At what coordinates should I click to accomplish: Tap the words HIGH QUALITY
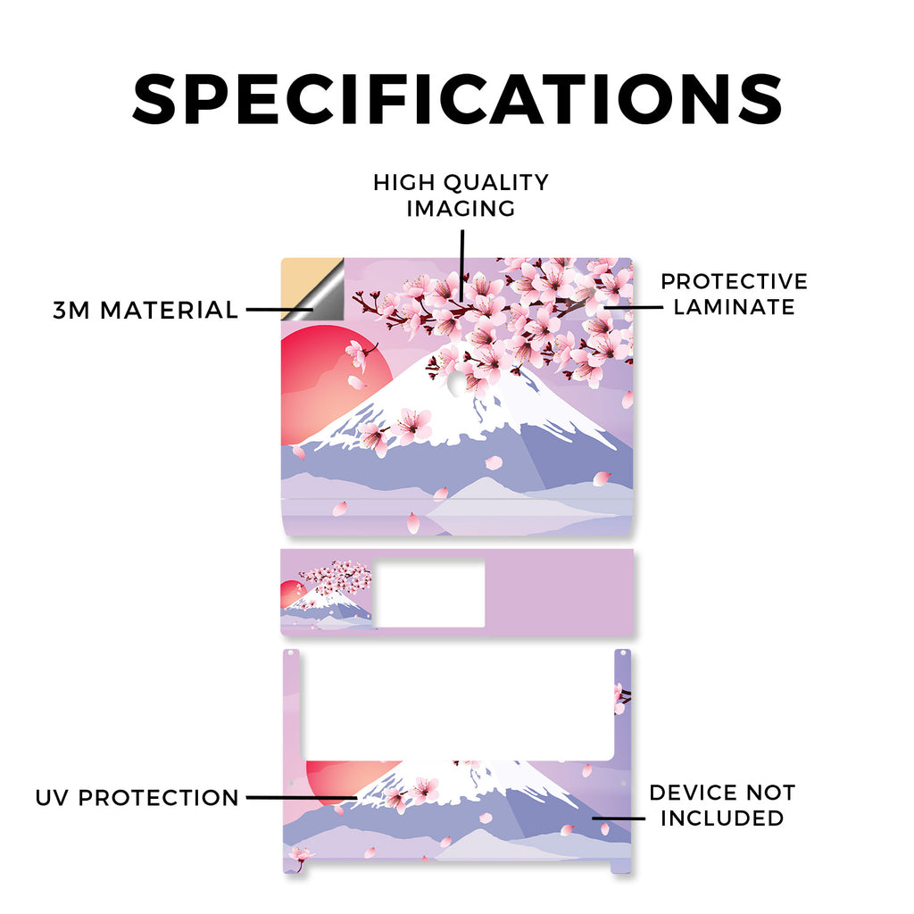[x=461, y=182]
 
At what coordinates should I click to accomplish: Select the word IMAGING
[x=461, y=209]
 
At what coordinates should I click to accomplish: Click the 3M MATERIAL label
[x=145, y=310]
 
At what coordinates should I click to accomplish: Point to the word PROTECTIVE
[x=735, y=281]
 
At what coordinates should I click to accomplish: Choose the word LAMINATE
[x=735, y=307]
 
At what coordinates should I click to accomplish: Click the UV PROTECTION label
[x=137, y=798]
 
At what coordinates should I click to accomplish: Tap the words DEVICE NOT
[x=723, y=793]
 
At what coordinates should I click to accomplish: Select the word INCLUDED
[x=723, y=818]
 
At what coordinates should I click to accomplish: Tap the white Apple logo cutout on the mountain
[x=458, y=384]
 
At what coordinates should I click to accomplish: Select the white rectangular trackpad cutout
[x=429, y=594]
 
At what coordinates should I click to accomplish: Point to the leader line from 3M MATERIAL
[x=279, y=310]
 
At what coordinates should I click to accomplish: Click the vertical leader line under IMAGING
[x=462, y=265]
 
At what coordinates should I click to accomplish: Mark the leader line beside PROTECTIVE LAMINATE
[x=634, y=307]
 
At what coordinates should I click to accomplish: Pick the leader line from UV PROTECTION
[x=302, y=797]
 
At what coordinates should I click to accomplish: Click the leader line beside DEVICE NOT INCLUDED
[x=619, y=818]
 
